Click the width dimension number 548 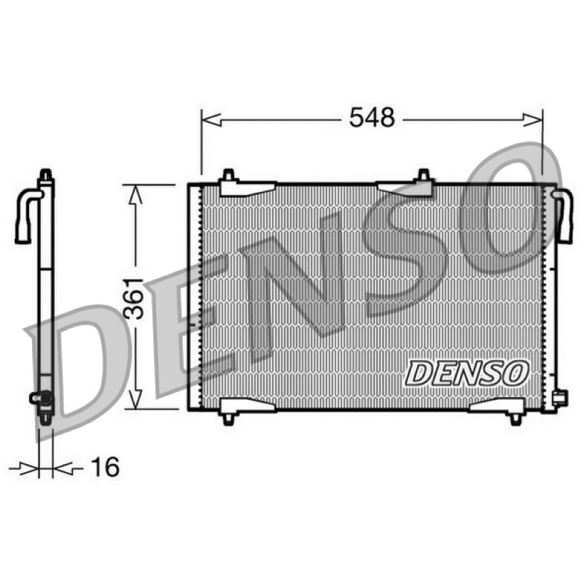pos(372,117)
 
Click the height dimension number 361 pos(134,298)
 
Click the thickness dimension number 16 pos(105,466)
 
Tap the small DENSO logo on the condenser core pos(467,373)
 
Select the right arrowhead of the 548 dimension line pos(533,120)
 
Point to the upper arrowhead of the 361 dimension pos(136,195)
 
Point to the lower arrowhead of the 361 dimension pos(136,398)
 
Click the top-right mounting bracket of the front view pos(406,185)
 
